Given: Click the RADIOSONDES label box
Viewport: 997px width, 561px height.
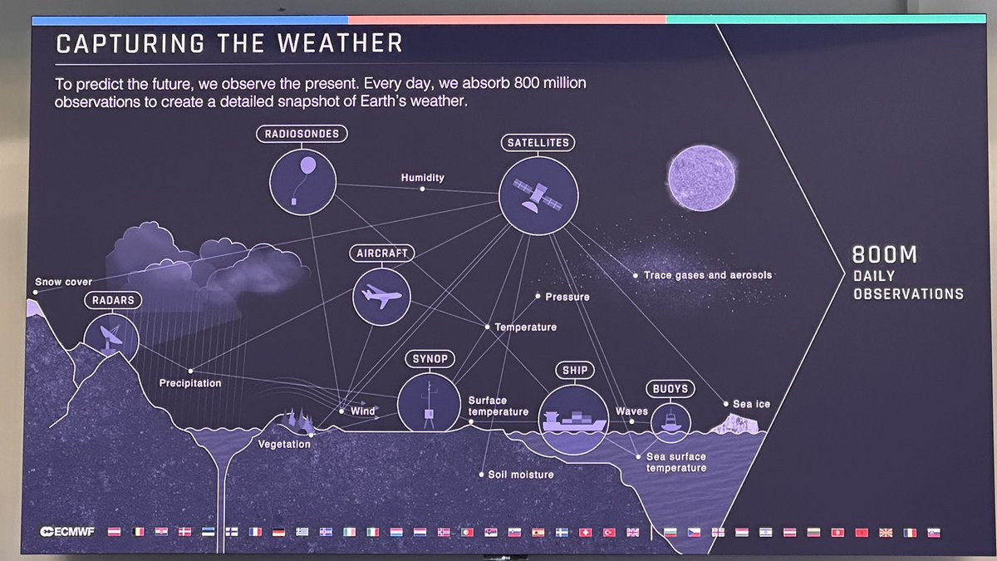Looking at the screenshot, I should click(302, 134).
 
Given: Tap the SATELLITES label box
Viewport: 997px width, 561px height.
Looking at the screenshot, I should click(538, 143).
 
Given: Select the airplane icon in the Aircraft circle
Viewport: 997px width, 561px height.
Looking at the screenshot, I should click(382, 297).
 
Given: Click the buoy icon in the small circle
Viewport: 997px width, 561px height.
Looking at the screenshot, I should click(670, 420).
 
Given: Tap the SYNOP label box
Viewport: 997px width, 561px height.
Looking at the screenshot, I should click(430, 359).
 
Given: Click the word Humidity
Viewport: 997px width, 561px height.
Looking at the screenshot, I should click(422, 178).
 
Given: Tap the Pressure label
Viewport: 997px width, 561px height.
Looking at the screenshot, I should click(567, 297).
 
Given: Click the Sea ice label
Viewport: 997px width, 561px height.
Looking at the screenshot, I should click(751, 404).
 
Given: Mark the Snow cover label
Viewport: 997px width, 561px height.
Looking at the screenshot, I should click(63, 282).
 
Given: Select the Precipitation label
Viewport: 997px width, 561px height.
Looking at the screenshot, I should click(190, 383).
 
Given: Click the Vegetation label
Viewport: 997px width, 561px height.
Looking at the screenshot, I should click(283, 444).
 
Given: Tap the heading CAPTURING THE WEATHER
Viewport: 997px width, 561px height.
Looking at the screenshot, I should click(228, 43).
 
